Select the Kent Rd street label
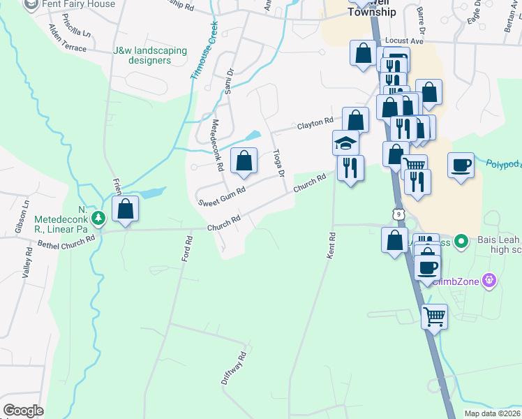[332, 246]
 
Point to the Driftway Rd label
[234, 368]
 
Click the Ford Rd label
[186, 248]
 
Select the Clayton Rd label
[315, 124]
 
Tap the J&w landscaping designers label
[150, 55]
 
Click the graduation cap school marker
[345, 142]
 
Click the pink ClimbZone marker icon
[490, 281]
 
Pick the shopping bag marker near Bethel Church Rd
[125, 208]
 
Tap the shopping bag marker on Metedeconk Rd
[244, 161]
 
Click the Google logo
[24, 411]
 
